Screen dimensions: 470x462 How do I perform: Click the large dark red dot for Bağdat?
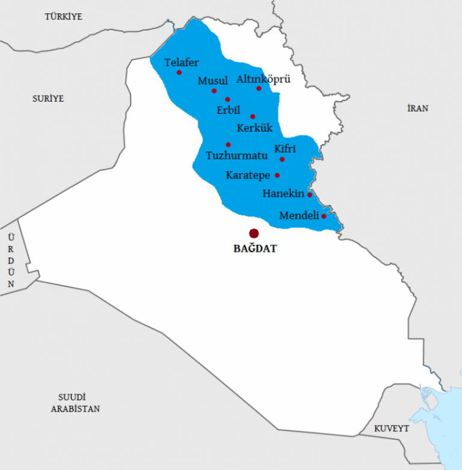(x=254, y=233)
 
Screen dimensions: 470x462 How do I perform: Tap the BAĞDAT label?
(x=255, y=248)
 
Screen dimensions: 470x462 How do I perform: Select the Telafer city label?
(x=181, y=62)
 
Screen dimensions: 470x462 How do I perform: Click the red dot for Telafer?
(x=179, y=73)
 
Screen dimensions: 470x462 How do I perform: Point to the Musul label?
(x=213, y=81)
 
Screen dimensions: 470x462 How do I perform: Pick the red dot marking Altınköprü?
(x=259, y=88)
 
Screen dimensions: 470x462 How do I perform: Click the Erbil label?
(x=229, y=110)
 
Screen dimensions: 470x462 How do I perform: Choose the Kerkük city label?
(x=255, y=128)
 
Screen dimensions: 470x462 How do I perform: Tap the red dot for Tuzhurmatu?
(x=228, y=144)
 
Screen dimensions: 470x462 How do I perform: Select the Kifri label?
(x=285, y=149)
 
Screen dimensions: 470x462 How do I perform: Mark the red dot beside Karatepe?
(x=277, y=176)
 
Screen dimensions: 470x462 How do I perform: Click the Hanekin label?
(x=283, y=194)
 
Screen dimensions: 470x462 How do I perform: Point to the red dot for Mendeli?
(x=324, y=216)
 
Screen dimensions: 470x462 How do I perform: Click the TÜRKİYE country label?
(x=63, y=17)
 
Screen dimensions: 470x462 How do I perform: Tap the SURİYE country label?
(x=48, y=98)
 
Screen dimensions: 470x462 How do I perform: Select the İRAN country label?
(x=417, y=108)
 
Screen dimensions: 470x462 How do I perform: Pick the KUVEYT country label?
(x=391, y=428)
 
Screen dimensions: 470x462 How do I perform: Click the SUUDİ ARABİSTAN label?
(x=75, y=403)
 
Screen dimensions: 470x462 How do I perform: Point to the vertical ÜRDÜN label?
(x=10, y=260)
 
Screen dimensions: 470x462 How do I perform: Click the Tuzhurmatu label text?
(x=236, y=155)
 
